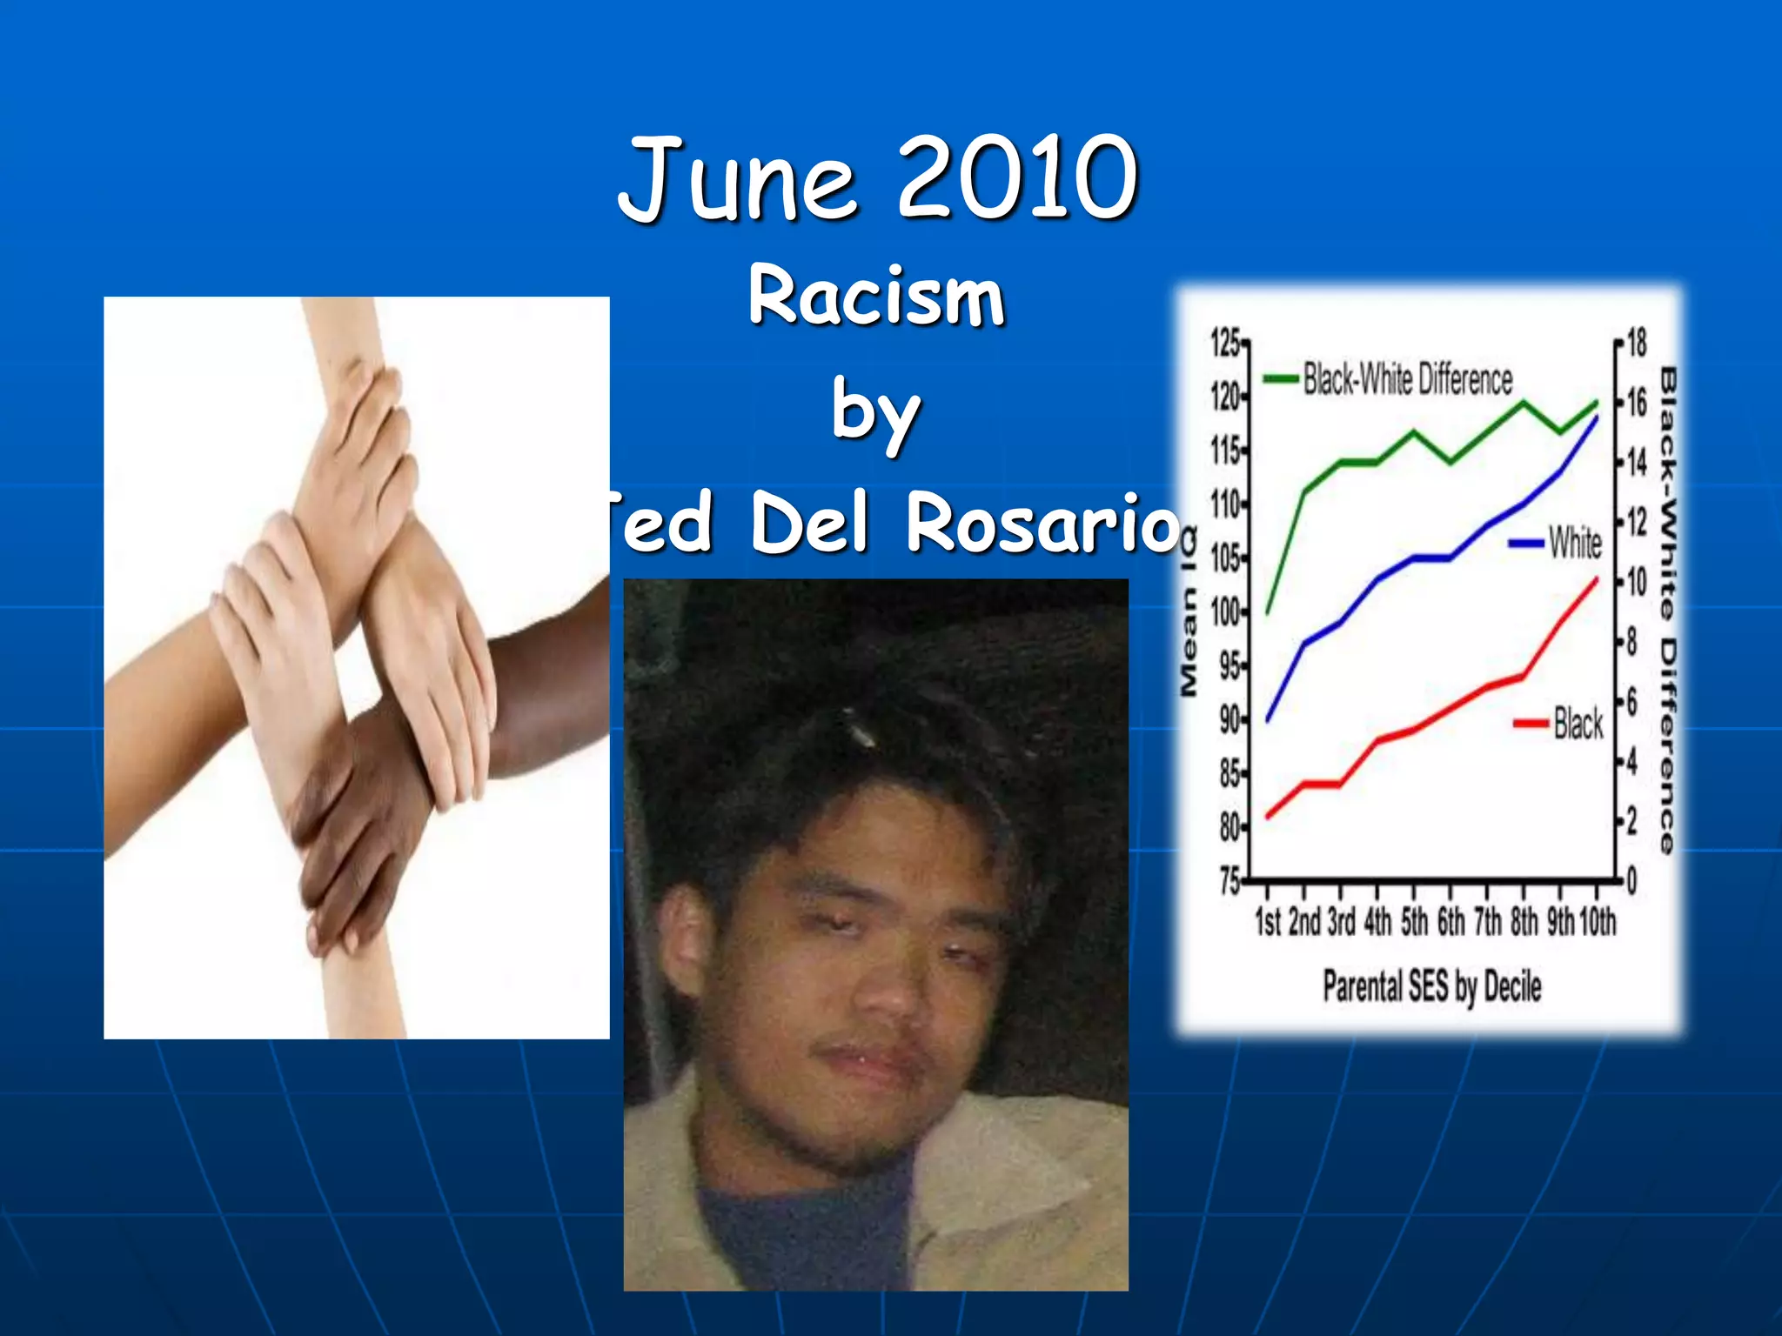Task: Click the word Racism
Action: click(x=876, y=297)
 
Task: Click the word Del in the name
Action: click(x=809, y=523)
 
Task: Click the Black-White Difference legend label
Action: click(x=1407, y=379)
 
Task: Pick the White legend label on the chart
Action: click(x=1574, y=543)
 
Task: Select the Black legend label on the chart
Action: click(x=1578, y=724)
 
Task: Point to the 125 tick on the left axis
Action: click(x=1225, y=344)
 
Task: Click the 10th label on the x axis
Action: click(x=1598, y=921)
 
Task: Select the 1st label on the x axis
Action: click(x=1268, y=921)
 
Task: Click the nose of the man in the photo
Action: click(x=888, y=992)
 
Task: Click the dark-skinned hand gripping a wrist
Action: click(x=365, y=826)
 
